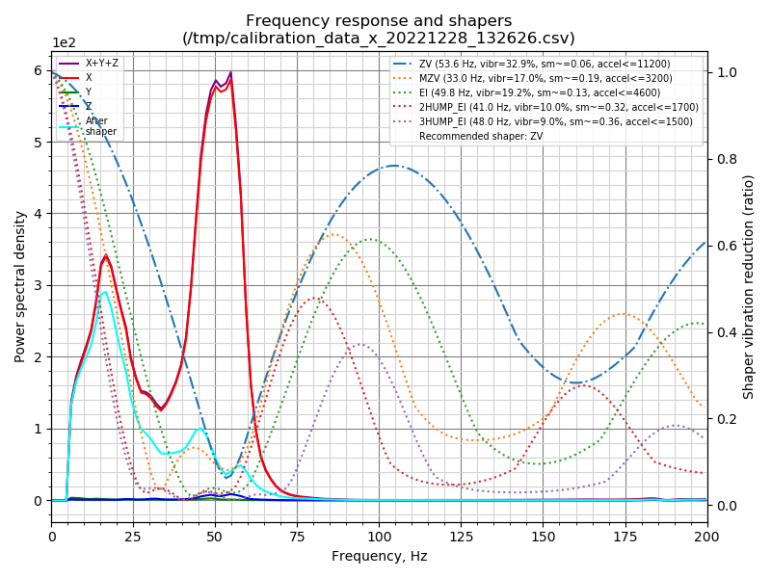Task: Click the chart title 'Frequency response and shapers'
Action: point(379,21)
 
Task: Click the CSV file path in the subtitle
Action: point(379,39)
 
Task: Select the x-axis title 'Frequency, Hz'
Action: point(379,556)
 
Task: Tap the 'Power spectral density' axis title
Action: point(20,286)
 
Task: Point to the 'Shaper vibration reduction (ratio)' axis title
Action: point(749,286)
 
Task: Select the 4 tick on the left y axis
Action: point(39,214)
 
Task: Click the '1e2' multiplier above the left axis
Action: point(64,43)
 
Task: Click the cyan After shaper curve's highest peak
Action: point(105,291)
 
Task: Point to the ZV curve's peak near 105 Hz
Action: point(395,166)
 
